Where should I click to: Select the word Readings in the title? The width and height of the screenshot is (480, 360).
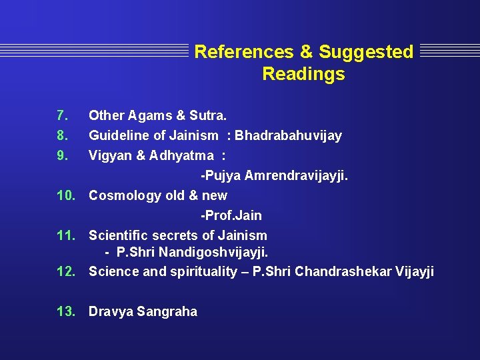[303, 74]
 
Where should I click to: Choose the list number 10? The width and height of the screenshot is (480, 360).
[65, 195]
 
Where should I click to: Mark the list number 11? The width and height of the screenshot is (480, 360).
[65, 235]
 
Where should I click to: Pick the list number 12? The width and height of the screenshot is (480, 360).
[65, 271]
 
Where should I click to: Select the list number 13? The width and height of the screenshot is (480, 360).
[65, 311]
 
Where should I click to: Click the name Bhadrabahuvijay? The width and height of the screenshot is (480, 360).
[288, 135]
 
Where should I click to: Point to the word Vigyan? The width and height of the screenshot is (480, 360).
[109, 156]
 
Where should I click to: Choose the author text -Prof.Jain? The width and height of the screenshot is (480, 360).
[231, 215]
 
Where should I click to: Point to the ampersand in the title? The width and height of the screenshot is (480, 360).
[306, 52]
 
